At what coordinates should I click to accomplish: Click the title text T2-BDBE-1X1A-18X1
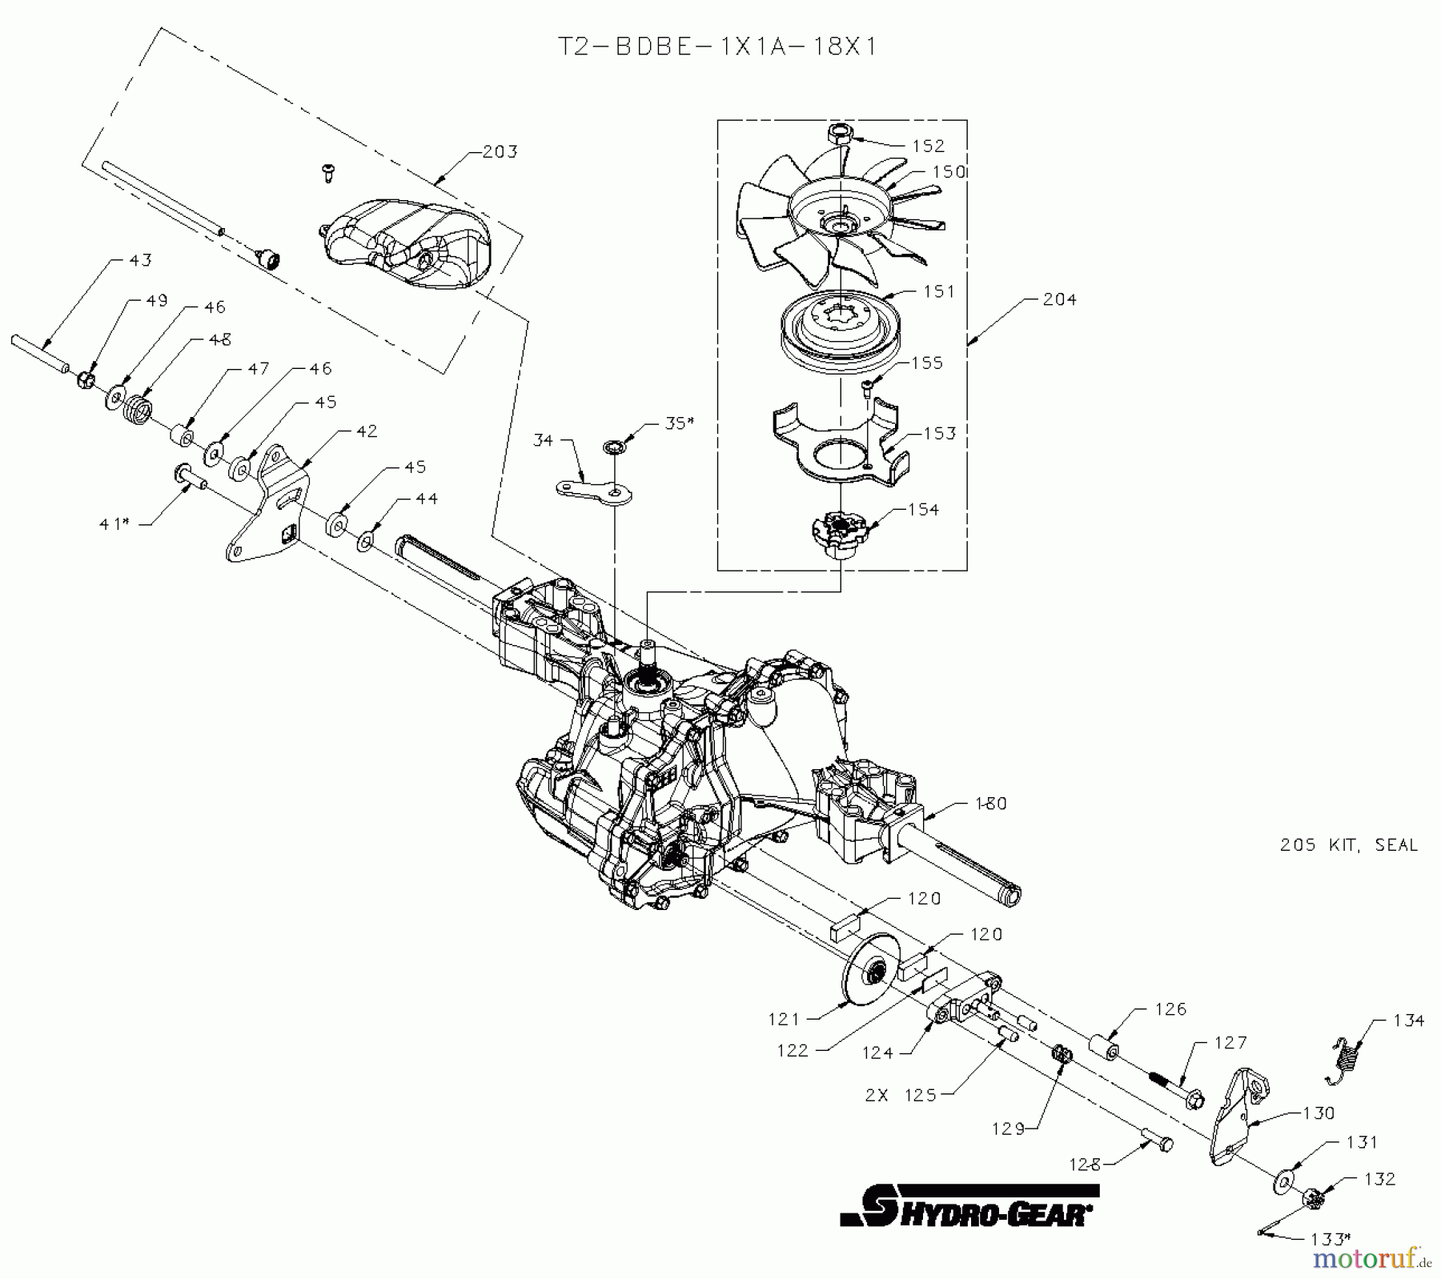coord(716,46)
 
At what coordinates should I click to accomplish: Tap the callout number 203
coord(500,151)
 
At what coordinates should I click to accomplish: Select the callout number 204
coord(1059,299)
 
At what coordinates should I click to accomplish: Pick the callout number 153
coord(939,433)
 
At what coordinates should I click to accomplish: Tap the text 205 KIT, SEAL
coord(1348,845)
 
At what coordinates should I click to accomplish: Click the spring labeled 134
coord(1345,1059)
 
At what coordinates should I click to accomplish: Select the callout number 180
coord(989,803)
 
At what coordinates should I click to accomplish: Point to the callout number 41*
coord(114,523)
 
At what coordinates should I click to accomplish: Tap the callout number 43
coord(140,260)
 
